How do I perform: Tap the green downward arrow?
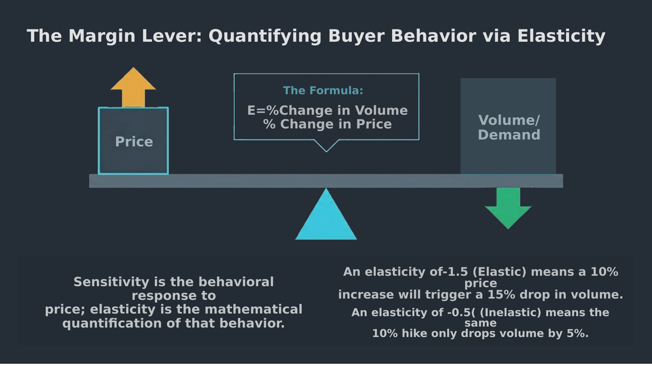508,209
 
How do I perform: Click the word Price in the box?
134,142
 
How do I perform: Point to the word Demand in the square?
509,135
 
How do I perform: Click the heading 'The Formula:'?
323,91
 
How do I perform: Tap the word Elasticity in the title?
561,36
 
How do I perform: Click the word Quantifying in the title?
265,36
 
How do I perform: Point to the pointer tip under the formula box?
326,151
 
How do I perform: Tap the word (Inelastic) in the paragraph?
510,313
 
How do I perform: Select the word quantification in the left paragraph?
112,323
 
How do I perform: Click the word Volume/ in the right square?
509,120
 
